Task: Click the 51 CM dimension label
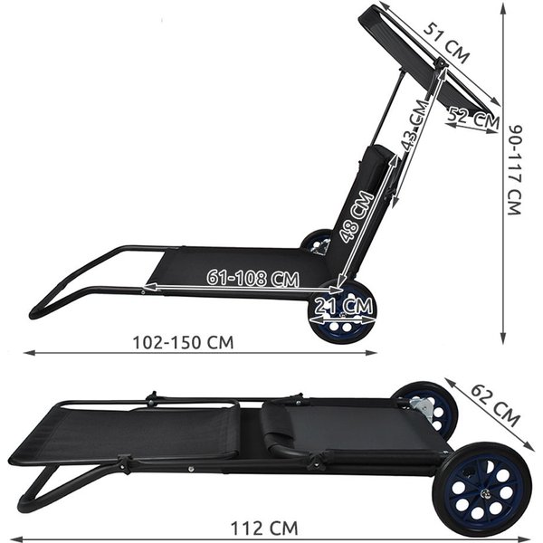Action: [x=446, y=43]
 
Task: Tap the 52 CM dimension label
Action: [x=473, y=118]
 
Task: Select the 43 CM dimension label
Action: [x=415, y=125]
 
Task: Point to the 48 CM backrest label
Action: [x=357, y=216]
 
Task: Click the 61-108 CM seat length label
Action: [x=252, y=278]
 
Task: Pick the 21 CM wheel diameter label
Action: [x=344, y=305]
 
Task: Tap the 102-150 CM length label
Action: [x=183, y=342]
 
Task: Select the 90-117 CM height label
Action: [x=514, y=170]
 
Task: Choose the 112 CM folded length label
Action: [x=264, y=529]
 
